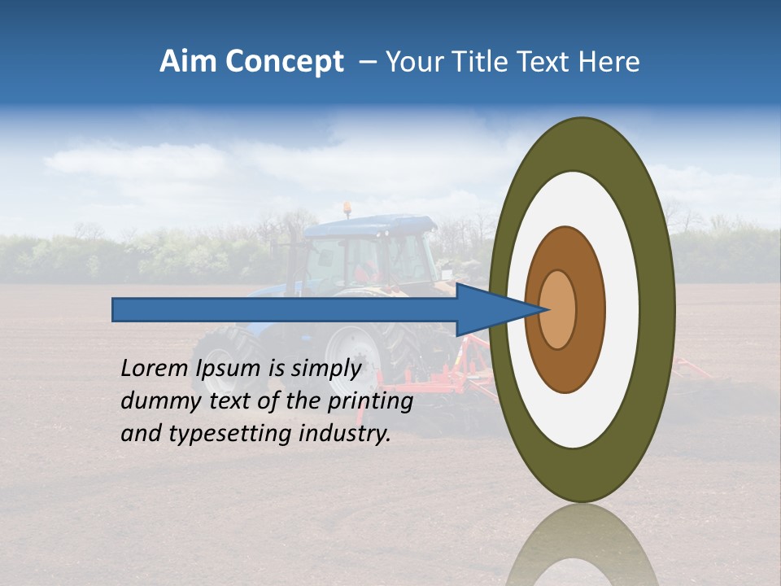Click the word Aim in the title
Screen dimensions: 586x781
coord(189,62)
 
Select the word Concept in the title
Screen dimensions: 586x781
coord(285,63)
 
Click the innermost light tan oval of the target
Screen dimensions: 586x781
coord(557,309)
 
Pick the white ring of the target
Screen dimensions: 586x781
coord(622,309)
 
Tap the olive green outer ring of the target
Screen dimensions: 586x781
coord(659,309)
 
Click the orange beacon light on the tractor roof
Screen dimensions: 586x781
coord(348,208)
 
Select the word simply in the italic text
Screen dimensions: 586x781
coord(325,370)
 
